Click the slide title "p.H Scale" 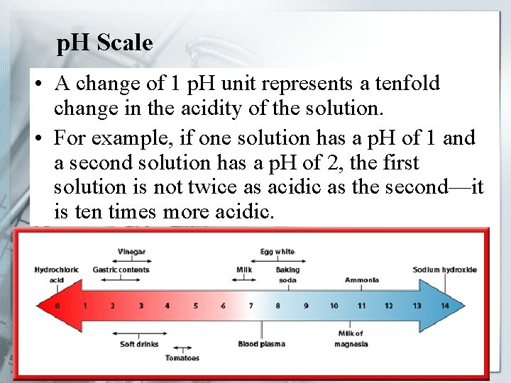point(104,43)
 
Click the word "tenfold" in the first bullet point(405,84)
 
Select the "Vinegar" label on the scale point(133,251)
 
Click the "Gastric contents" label point(121,270)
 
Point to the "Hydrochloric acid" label point(57,274)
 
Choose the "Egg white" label point(278,251)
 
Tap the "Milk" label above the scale point(244,270)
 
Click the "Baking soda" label point(287,274)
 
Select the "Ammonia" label point(362,280)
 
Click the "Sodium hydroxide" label point(445,270)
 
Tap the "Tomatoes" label point(182,358)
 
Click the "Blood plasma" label point(262,344)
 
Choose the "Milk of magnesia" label point(351,339)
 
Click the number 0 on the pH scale point(57,306)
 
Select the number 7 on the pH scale point(250,306)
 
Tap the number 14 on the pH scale point(445,306)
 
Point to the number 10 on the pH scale point(334,306)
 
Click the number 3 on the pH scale point(141,306)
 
